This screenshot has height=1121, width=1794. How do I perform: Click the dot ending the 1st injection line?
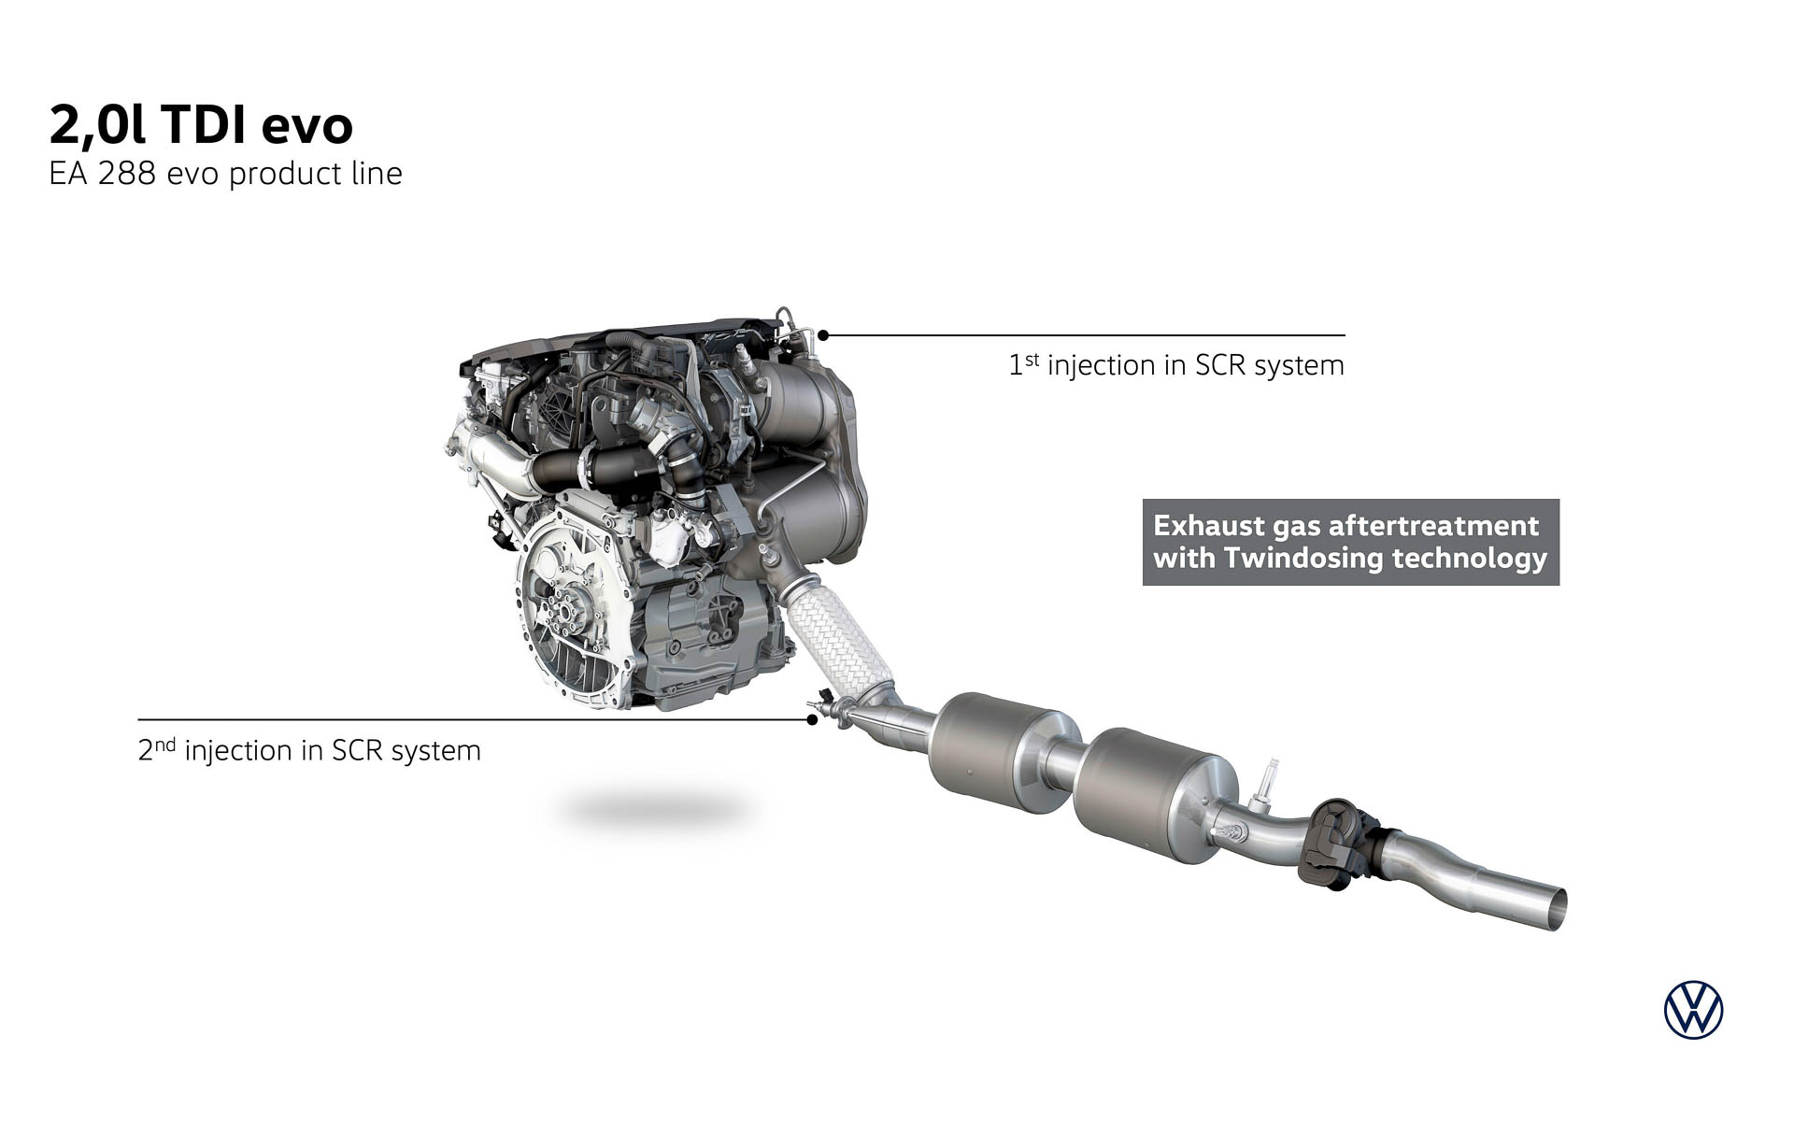point(823,334)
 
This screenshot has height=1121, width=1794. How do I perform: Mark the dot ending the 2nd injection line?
point(812,719)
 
